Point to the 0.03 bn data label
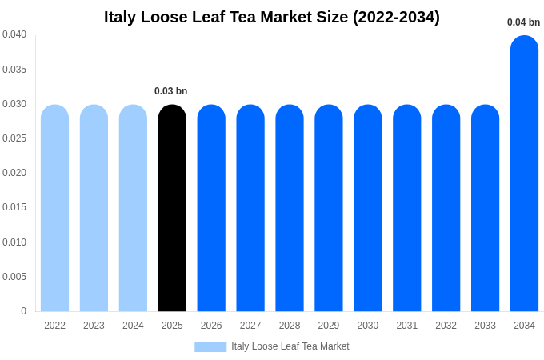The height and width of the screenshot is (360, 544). pos(170,91)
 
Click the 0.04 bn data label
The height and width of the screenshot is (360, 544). pos(523,22)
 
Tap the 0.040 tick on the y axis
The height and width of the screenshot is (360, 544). pos(14,34)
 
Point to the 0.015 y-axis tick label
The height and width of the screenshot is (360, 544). pos(14,207)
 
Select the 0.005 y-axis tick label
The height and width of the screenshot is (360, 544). pos(14,277)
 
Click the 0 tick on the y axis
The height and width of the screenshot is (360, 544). pos(23,311)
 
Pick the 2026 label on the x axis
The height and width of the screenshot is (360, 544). pos(211,326)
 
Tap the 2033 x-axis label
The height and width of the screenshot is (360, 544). pos(485,326)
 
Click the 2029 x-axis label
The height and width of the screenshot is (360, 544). pos(329,326)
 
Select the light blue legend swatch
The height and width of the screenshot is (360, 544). pos(210,347)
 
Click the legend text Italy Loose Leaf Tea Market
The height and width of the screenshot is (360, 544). pos(290,346)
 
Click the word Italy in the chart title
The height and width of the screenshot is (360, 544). pos(122,17)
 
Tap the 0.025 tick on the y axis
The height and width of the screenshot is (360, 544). pos(14,138)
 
